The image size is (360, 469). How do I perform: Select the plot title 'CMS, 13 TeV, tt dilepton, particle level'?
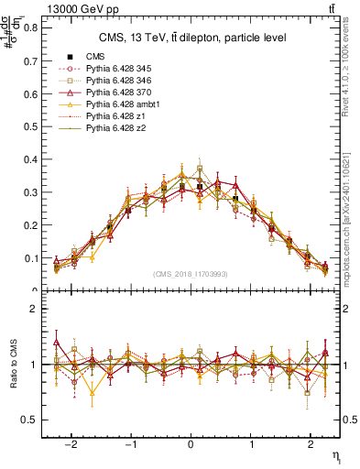pyautogui.click(x=192, y=38)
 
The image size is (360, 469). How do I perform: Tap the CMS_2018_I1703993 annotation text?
pyautogui.click(x=190, y=274)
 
